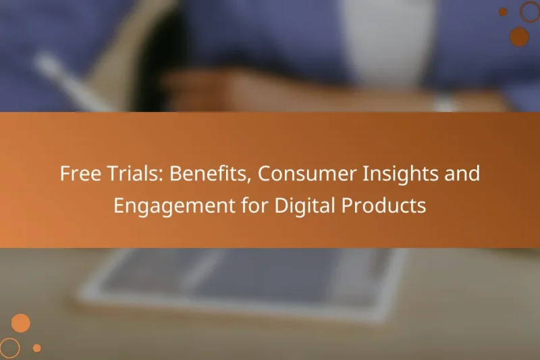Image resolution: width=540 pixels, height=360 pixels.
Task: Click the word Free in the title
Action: point(76,174)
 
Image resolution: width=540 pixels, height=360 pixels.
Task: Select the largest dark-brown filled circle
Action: point(519,36)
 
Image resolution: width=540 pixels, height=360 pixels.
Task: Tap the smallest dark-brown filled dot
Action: point(503,11)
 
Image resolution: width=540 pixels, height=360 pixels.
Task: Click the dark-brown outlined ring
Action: point(530,11)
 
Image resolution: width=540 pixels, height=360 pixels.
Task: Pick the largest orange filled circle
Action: point(21,324)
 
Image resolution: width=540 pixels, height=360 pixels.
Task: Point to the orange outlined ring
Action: point(9,348)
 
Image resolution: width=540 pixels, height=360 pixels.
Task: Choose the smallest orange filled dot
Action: point(37,348)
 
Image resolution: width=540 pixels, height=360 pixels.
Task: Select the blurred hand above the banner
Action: point(223,91)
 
